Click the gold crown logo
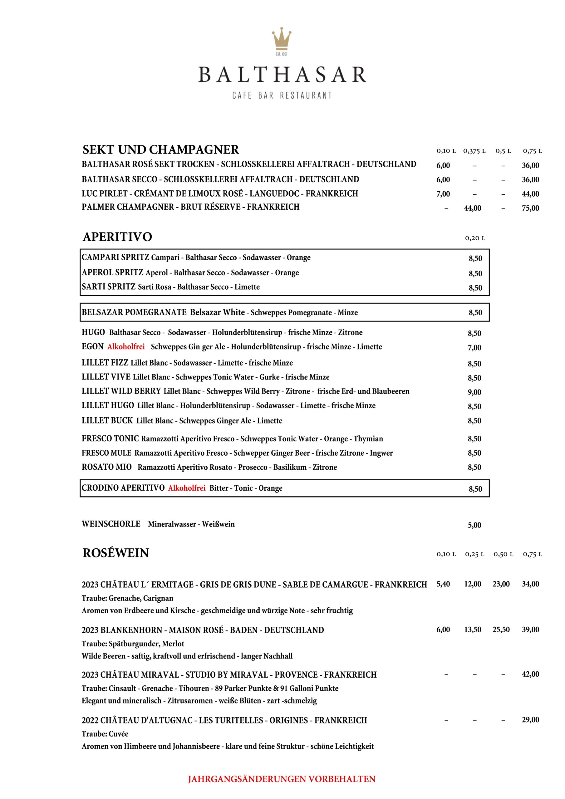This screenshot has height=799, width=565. click(282, 39)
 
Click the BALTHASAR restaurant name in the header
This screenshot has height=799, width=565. click(282, 75)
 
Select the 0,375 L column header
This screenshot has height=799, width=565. click(474, 151)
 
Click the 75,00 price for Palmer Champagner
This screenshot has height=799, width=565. click(530, 208)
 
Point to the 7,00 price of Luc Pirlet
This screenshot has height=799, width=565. click(443, 194)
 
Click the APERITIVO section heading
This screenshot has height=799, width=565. click(117, 237)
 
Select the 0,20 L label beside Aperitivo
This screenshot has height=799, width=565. click(475, 238)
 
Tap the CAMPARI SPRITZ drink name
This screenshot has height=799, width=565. click(115, 257)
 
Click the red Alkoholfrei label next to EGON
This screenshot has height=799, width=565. click(126, 347)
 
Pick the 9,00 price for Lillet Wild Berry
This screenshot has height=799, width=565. click(474, 392)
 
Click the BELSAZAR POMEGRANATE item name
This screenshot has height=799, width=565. click(134, 312)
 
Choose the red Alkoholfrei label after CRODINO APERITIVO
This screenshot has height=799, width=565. click(187, 488)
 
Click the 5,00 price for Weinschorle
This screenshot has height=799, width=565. click(474, 525)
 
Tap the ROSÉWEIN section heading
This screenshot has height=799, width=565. click(115, 553)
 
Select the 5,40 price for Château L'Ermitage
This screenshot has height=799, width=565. click(443, 584)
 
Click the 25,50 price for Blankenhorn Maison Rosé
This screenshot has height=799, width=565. click(501, 630)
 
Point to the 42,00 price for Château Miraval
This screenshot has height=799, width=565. click(530, 674)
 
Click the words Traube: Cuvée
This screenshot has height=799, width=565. click(105, 734)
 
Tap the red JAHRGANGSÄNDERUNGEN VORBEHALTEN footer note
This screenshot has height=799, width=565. click(282, 779)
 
